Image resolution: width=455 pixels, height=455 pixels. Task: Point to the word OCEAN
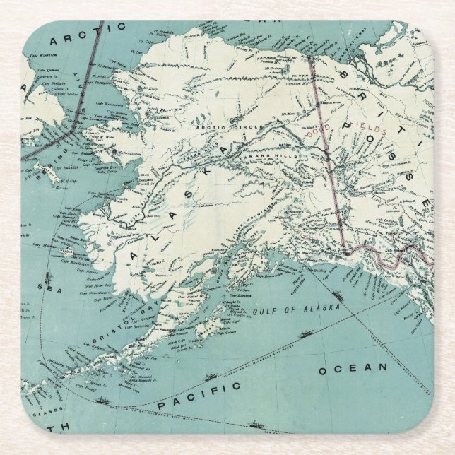(353, 369)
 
